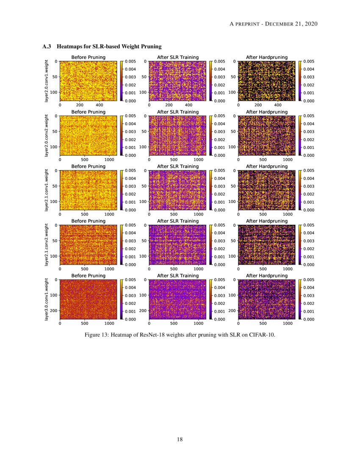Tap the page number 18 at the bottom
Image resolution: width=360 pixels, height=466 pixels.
(180, 439)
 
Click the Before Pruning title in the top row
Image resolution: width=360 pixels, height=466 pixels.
(88, 57)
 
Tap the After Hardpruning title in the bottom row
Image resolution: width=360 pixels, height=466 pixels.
(266, 276)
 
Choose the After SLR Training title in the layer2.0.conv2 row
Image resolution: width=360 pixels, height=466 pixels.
(177, 112)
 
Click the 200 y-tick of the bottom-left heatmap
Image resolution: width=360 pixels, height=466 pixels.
(55, 311)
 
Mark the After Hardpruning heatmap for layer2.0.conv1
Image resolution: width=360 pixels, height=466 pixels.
(266, 80)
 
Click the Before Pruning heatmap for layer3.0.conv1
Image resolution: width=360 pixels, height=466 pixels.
(88, 299)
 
